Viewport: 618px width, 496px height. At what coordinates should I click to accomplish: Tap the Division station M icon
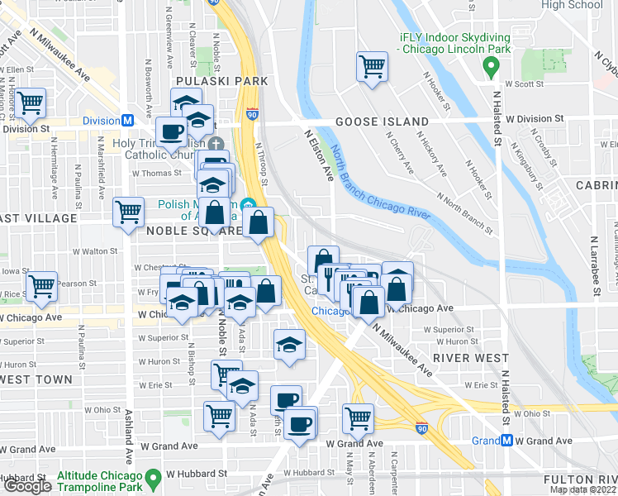coord(128,121)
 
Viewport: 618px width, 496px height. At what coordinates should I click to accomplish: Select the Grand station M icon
coord(506,441)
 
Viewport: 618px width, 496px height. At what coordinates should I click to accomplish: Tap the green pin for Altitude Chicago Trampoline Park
coord(153,479)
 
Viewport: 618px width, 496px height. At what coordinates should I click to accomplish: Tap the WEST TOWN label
coord(23,379)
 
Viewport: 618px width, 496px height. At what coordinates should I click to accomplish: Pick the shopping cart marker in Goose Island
coord(373,65)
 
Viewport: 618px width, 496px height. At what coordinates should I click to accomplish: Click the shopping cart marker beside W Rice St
coord(41,285)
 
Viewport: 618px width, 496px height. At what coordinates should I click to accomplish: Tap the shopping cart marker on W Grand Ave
coord(358,417)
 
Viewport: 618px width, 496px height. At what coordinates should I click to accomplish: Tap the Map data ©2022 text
coord(582,489)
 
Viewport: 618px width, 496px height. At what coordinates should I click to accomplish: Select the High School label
coord(572,5)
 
